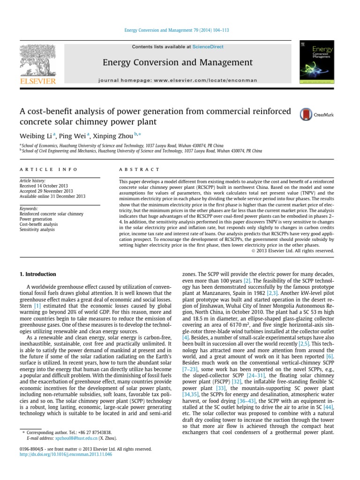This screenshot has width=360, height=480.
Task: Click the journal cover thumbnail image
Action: click(315, 62)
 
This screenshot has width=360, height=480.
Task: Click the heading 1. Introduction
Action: click(37, 274)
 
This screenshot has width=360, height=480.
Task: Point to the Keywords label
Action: click(29, 209)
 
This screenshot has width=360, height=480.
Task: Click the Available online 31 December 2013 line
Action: click(52, 196)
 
